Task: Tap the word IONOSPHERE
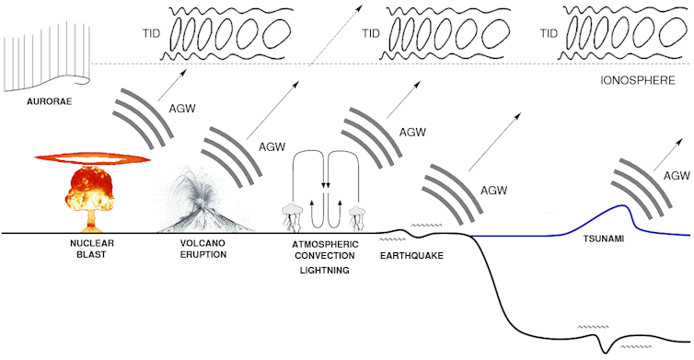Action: [x=638, y=81]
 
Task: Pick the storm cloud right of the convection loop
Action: [x=359, y=216]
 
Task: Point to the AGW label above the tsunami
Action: [x=677, y=175]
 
